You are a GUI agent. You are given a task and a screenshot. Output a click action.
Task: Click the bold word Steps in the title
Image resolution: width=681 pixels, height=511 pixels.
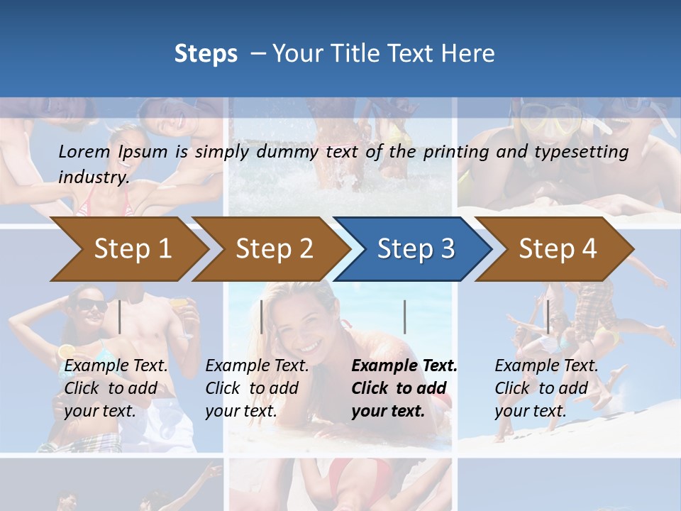click(206, 53)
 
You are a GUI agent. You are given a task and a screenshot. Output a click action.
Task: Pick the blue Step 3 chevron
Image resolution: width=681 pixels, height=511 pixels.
click(414, 248)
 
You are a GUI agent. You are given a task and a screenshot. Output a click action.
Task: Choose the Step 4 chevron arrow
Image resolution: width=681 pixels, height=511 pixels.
click(557, 248)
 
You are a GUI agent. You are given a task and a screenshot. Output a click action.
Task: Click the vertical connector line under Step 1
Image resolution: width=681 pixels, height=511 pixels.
click(120, 317)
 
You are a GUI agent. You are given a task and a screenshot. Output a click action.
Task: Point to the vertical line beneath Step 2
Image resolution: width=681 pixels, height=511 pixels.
click(262, 317)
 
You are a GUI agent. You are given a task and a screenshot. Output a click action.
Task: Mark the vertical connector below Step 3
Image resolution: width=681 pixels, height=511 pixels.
click(404, 317)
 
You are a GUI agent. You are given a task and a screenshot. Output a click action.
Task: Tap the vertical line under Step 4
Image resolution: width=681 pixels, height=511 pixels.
click(548, 317)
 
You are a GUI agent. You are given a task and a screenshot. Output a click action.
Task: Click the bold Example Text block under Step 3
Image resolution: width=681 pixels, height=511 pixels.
click(404, 388)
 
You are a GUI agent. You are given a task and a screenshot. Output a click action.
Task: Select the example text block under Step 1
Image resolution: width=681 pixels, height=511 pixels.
click(116, 388)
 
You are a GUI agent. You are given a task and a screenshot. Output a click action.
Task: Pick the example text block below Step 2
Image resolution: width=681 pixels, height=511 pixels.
click(257, 388)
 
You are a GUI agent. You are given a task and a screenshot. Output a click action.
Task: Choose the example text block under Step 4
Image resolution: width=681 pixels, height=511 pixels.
click(546, 388)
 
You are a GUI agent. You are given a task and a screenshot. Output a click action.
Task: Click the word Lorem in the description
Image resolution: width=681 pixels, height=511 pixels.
click(84, 151)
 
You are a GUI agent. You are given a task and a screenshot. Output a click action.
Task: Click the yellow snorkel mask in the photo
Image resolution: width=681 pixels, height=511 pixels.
click(553, 121)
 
